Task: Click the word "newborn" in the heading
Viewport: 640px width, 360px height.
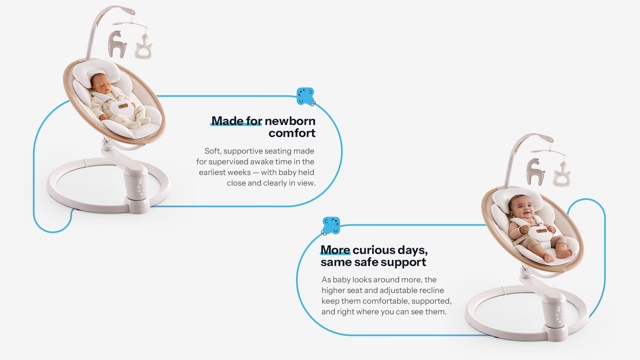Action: click(290, 121)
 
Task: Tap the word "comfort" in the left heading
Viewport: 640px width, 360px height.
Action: click(292, 133)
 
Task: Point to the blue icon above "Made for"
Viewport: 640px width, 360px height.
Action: click(306, 97)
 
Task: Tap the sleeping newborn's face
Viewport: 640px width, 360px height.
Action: click(99, 83)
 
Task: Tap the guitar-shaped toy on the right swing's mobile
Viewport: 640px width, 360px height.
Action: click(562, 174)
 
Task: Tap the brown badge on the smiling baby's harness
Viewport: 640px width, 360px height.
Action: click(541, 231)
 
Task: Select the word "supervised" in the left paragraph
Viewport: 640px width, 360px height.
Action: click(228, 162)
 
